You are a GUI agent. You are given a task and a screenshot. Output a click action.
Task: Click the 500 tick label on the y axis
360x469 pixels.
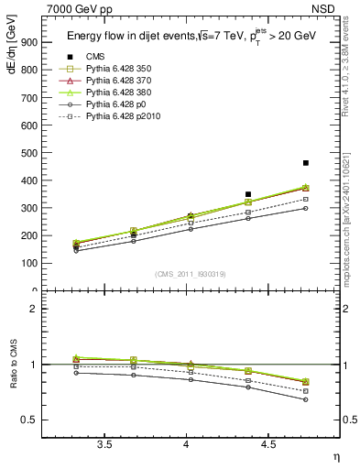(28, 153)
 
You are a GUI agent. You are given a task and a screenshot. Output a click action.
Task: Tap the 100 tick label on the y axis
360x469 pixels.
(28, 264)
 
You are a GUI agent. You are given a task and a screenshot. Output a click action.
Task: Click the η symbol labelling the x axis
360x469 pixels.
(334, 455)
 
